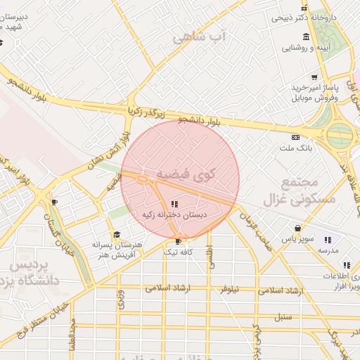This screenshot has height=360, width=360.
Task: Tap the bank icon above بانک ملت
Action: (x=296, y=137)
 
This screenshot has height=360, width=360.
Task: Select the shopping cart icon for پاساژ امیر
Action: (x=314, y=77)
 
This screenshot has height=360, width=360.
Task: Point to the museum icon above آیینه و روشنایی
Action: (x=305, y=37)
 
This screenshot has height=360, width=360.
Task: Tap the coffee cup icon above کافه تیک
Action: (x=178, y=240)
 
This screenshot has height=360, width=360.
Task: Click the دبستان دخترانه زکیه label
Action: (x=174, y=214)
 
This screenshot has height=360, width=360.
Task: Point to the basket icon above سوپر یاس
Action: (x=298, y=229)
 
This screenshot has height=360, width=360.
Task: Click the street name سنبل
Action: (x=283, y=316)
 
